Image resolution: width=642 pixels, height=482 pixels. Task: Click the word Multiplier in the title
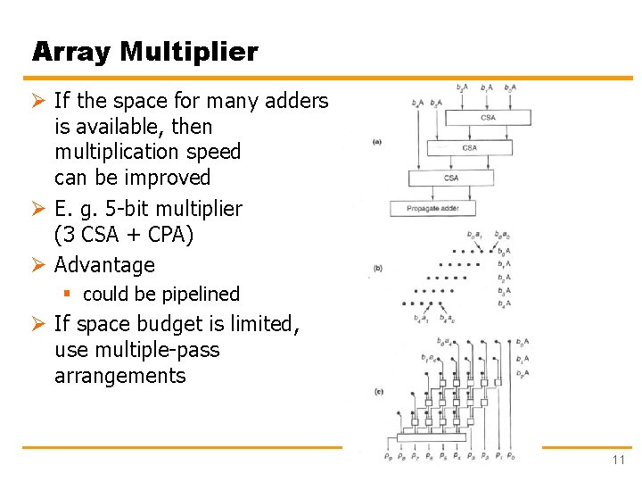(x=189, y=52)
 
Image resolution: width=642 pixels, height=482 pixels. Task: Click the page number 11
(x=618, y=460)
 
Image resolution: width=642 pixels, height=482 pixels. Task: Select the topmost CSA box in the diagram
(x=488, y=117)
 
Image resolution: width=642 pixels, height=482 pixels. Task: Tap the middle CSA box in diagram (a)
(x=469, y=147)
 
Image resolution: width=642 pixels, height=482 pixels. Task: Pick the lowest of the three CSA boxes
(x=451, y=178)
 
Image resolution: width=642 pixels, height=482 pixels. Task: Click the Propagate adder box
(x=433, y=209)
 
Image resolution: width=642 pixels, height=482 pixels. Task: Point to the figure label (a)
(x=377, y=142)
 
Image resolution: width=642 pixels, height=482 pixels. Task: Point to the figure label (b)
(x=377, y=268)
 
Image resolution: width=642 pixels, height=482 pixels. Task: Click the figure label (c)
(x=377, y=391)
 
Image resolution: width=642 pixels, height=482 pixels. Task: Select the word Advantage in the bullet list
(x=104, y=265)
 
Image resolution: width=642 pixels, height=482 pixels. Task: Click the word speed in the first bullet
(x=210, y=152)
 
